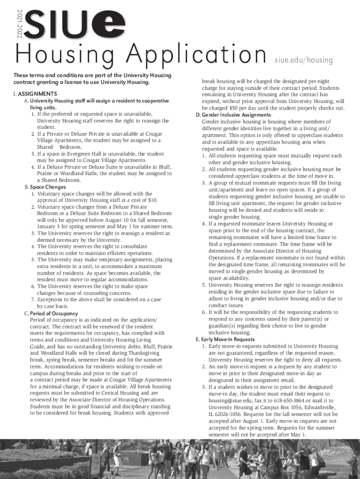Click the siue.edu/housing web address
[x=303, y=60]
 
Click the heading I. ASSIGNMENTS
[x=35, y=94]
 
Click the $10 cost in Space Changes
[x=152, y=200]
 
